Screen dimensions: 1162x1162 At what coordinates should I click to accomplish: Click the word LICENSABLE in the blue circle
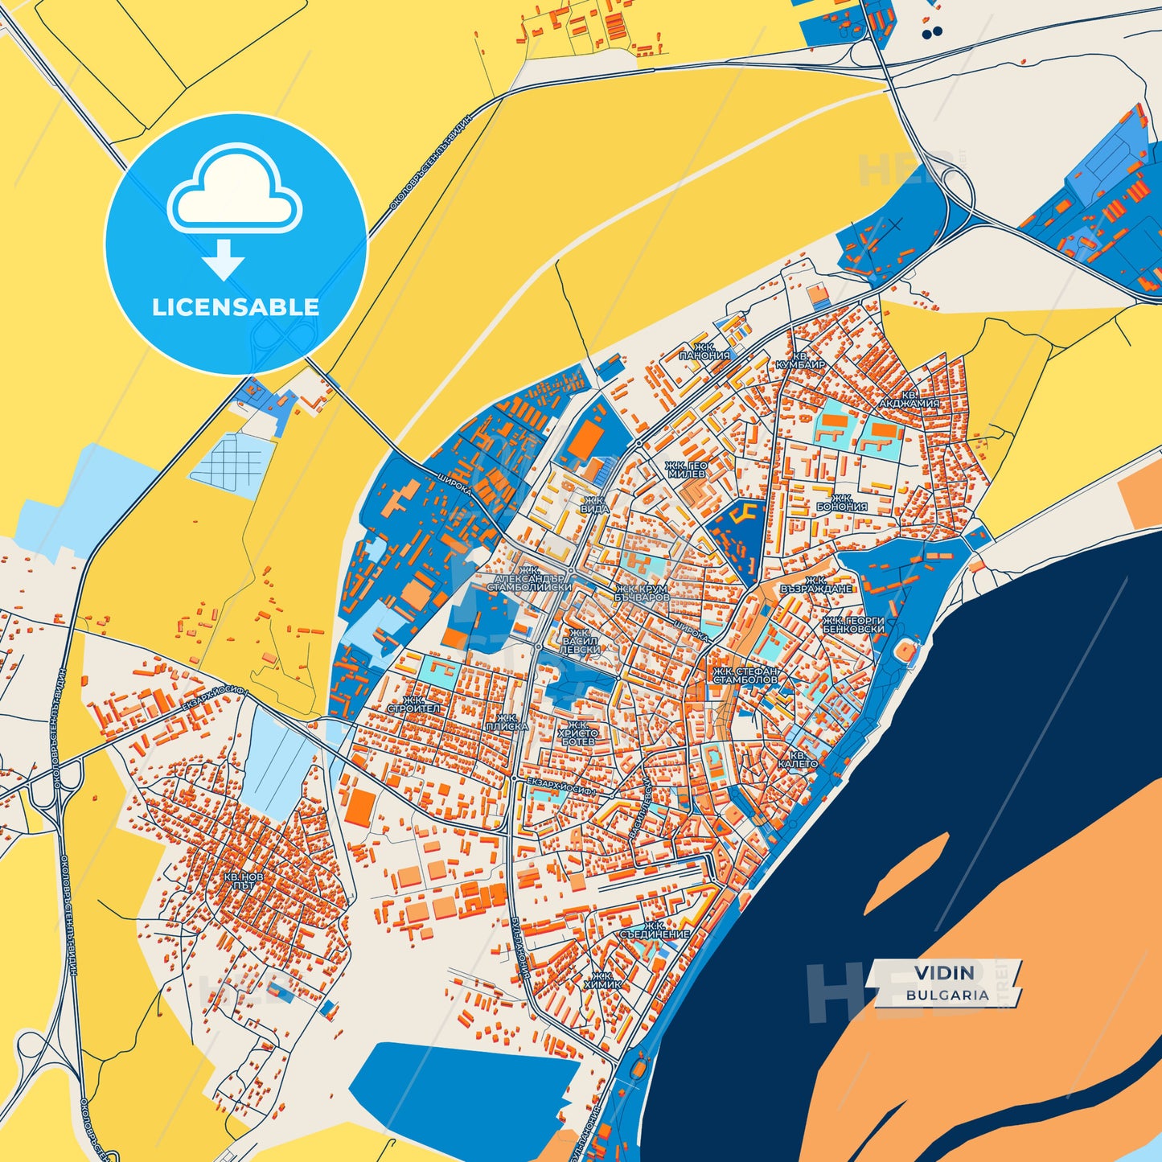pyautogui.click(x=236, y=307)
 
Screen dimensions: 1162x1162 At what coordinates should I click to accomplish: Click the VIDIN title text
pyautogui.click(x=944, y=973)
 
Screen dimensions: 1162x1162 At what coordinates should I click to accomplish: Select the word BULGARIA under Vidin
pyautogui.click(x=947, y=995)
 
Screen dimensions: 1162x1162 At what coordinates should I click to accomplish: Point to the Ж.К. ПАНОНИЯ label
pyautogui.click(x=704, y=351)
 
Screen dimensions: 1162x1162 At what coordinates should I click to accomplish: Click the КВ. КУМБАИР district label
pyautogui.click(x=800, y=359)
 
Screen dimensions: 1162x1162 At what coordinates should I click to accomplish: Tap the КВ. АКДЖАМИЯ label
pyautogui.click(x=909, y=399)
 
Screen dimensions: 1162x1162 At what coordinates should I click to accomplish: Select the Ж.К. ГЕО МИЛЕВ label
pyautogui.click(x=686, y=470)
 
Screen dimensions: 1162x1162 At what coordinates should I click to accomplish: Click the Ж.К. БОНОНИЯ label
pyautogui.click(x=842, y=503)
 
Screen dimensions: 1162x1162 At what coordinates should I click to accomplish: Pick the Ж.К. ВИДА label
pyautogui.click(x=595, y=504)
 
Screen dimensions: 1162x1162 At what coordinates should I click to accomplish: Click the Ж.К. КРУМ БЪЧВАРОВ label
pyautogui.click(x=642, y=593)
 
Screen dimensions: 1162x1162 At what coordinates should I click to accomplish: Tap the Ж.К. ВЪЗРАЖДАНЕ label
pyautogui.click(x=815, y=584)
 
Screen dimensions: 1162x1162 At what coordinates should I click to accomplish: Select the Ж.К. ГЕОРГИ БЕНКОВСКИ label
pyautogui.click(x=853, y=625)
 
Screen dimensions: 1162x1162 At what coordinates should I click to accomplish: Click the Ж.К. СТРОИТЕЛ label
pyautogui.click(x=414, y=704)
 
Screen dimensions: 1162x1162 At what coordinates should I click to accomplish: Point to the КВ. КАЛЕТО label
pyautogui.click(x=798, y=759)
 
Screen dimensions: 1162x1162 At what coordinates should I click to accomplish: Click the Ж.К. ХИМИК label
pyautogui.click(x=603, y=979)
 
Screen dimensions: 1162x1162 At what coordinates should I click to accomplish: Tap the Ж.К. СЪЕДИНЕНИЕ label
pyautogui.click(x=655, y=930)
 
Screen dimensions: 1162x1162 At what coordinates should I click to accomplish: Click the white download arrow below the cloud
pyautogui.click(x=224, y=259)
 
